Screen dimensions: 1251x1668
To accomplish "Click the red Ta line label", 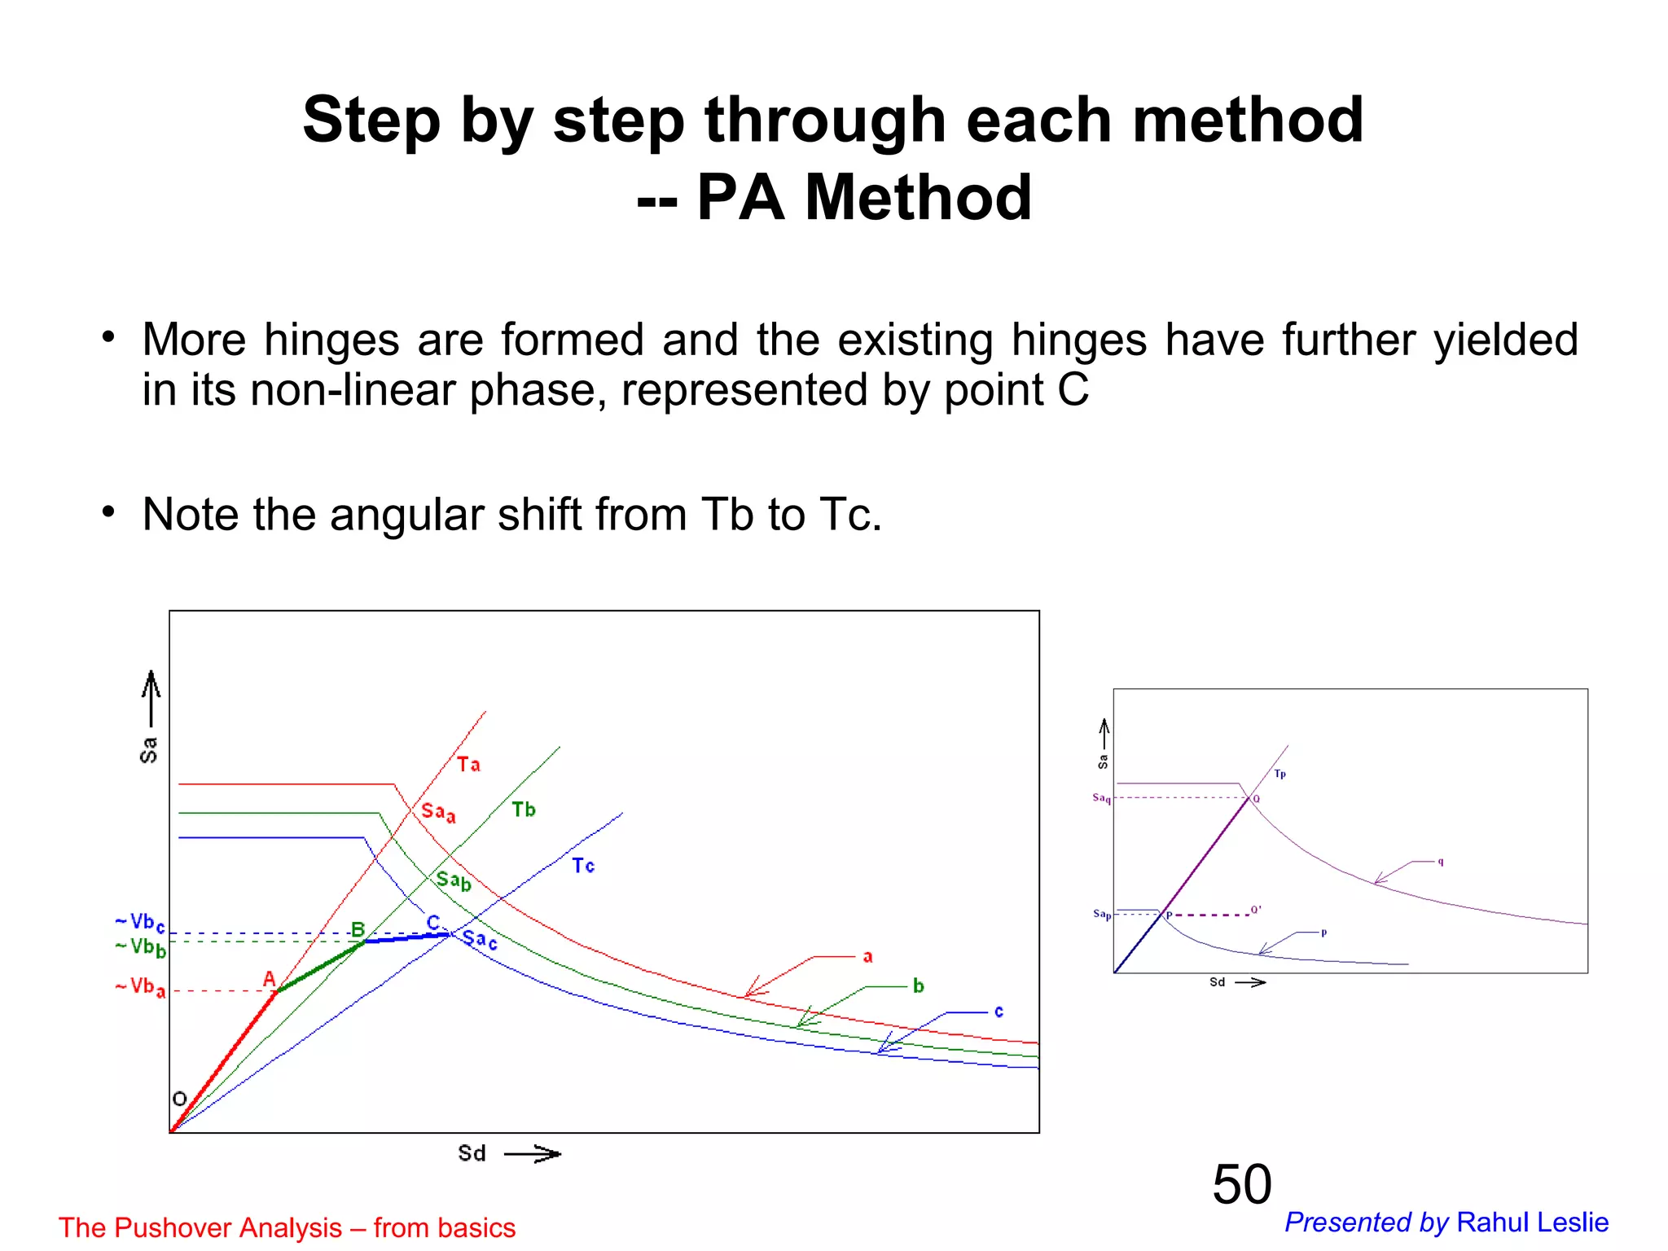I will click(x=468, y=764).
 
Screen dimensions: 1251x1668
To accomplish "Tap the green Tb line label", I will click(x=524, y=810).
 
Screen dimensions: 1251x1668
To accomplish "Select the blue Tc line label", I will click(x=583, y=866).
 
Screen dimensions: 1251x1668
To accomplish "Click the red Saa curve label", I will click(x=438, y=812).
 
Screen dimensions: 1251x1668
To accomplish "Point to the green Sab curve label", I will click(x=454, y=880).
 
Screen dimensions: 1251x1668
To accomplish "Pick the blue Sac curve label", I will click(x=480, y=940).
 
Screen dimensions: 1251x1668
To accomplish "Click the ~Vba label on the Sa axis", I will click(x=141, y=987).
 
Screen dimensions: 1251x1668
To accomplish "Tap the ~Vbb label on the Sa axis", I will click(x=141, y=947).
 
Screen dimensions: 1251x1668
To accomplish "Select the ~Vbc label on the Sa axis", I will click(x=141, y=923).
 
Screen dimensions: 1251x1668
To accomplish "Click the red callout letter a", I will click(x=867, y=957).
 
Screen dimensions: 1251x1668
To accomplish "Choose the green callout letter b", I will click(x=918, y=986).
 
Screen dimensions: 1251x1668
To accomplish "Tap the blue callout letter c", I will click(x=999, y=1012).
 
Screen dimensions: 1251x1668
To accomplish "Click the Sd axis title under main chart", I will click(x=472, y=1153).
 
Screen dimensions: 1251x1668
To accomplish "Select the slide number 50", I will click(x=1241, y=1184).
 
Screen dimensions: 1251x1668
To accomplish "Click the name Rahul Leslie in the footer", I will click(x=1532, y=1222).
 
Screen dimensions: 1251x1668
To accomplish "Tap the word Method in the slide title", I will click(x=919, y=198).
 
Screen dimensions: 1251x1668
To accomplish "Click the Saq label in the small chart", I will click(x=1101, y=798).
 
